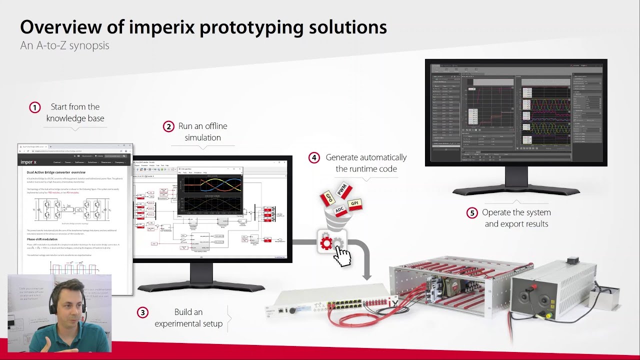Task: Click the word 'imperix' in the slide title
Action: (162, 27)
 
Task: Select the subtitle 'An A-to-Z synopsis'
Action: (64, 45)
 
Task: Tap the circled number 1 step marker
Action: (34, 107)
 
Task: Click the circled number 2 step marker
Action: (168, 126)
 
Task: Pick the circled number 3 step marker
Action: (142, 312)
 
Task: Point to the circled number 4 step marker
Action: (314, 158)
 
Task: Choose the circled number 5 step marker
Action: (472, 213)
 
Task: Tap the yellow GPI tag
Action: (354, 203)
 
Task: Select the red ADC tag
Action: (340, 211)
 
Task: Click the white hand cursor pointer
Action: (342, 256)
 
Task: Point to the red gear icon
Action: (326, 243)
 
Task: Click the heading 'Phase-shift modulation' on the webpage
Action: (42, 239)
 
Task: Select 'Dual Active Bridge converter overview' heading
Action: (56, 172)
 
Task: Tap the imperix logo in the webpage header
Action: (28, 162)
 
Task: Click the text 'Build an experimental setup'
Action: (188, 317)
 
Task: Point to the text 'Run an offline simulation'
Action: (202, 132)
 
